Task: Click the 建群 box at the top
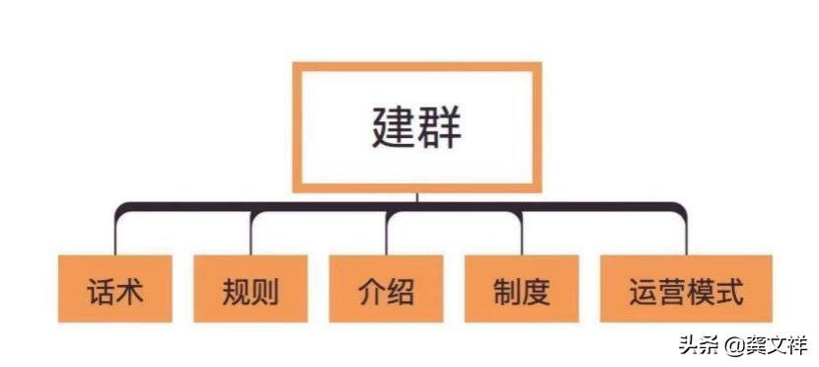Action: click(417, 126)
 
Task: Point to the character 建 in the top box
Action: click(393, 127)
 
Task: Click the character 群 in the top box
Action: click(440, 127)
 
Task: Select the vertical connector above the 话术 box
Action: click(115, 235)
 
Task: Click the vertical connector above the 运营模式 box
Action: click(686, 235)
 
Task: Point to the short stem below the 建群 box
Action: click(417, 197)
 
